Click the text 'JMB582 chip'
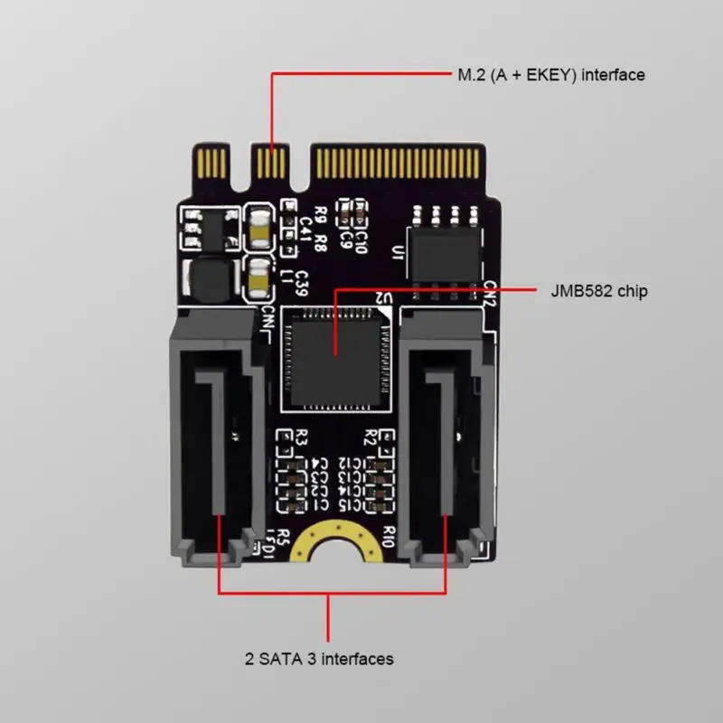(x=599, y=292)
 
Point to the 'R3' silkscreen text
(x=304, y=438)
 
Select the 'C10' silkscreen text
(x=361, y=238)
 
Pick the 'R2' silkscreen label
(x=368, y=439)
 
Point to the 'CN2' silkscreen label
(x=489, y=295)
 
